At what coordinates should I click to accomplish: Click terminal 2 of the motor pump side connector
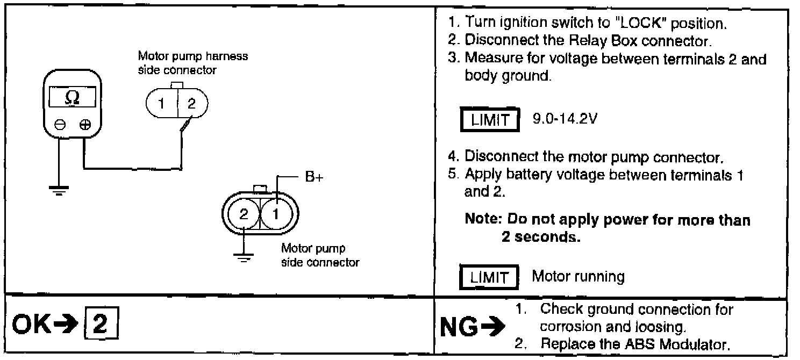pos(244,214)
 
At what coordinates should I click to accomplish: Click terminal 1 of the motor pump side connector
pos(276,214)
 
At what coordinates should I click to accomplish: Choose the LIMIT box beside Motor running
pos(489,278)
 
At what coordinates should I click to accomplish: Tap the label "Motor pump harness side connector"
pos(192,63)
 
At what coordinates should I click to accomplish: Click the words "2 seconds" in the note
pos(540,237)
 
